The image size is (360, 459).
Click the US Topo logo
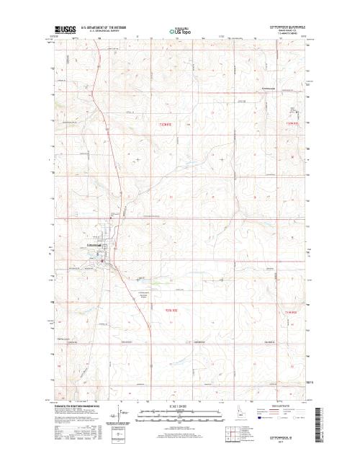(x=179, y=32)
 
